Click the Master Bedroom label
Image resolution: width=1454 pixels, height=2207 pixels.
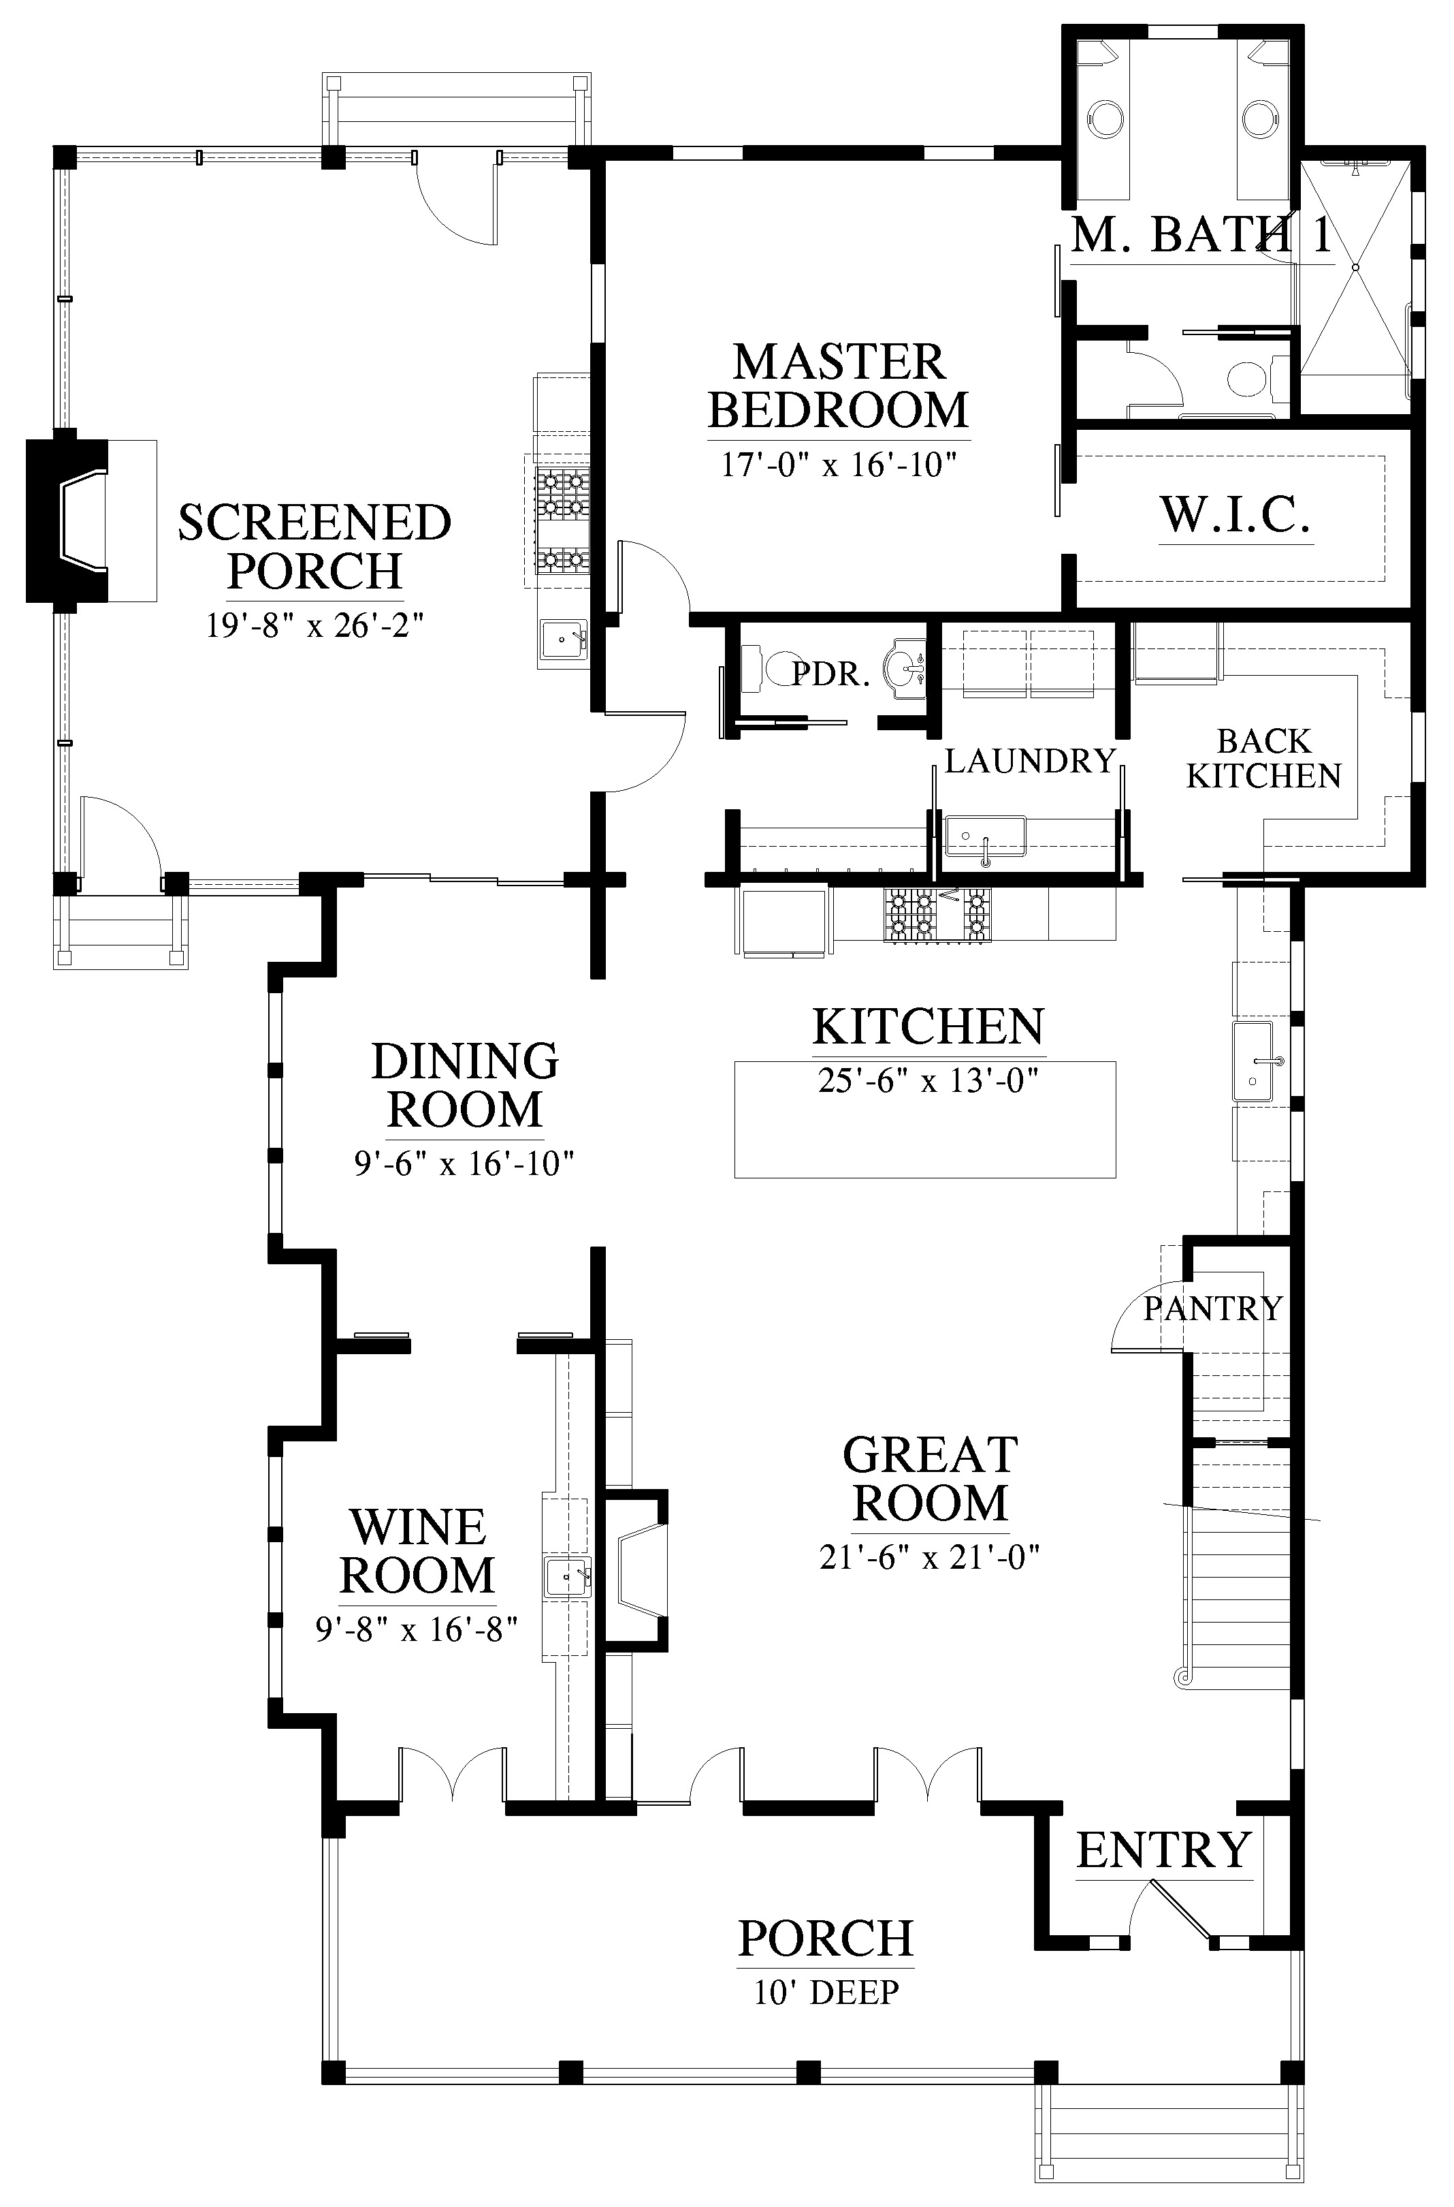pos(838,386)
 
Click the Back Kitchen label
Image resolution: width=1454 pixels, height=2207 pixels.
pos(1264,758)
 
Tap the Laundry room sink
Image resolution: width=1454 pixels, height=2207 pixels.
pos(985,836)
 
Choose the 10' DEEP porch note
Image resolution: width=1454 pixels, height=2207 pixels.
pos(826,1992)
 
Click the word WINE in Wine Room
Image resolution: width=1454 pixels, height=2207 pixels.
pos(418,1528)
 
